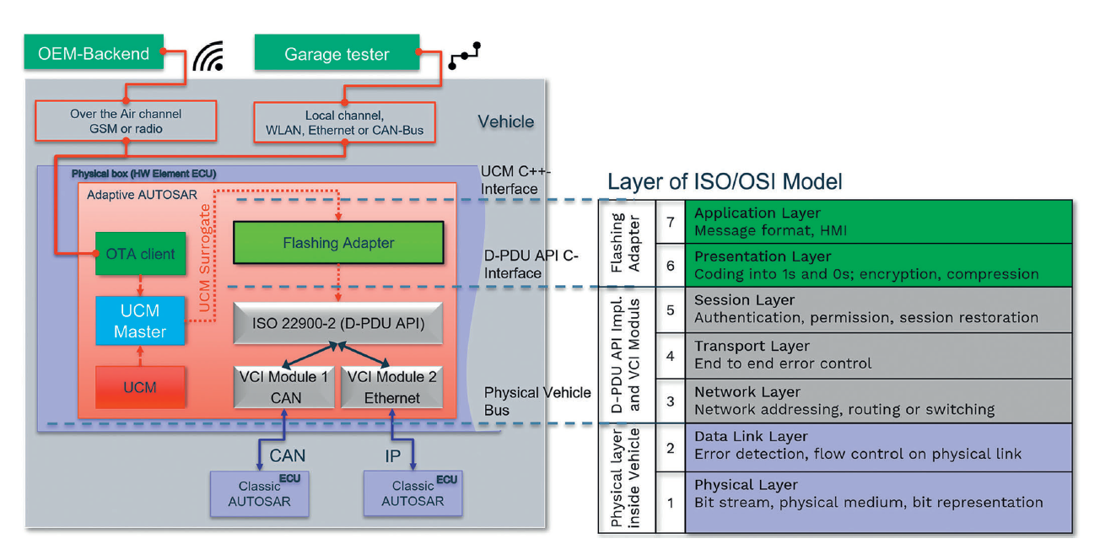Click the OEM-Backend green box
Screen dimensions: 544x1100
93,53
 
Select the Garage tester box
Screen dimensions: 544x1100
337,54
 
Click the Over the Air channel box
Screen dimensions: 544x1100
125,121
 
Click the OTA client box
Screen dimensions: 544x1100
140,253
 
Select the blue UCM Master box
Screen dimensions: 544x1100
140,320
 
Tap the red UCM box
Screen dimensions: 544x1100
140,388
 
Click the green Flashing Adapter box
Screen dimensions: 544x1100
338,243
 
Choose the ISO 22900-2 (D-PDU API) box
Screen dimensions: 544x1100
338,323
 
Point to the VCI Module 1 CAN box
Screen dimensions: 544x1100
284,387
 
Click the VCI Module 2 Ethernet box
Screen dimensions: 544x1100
391,387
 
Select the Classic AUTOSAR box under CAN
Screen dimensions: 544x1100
259,493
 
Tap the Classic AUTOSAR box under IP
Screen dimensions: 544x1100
412,493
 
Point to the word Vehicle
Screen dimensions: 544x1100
506,121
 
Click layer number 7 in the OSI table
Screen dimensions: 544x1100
670,221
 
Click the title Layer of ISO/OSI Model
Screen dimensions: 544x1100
725,181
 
